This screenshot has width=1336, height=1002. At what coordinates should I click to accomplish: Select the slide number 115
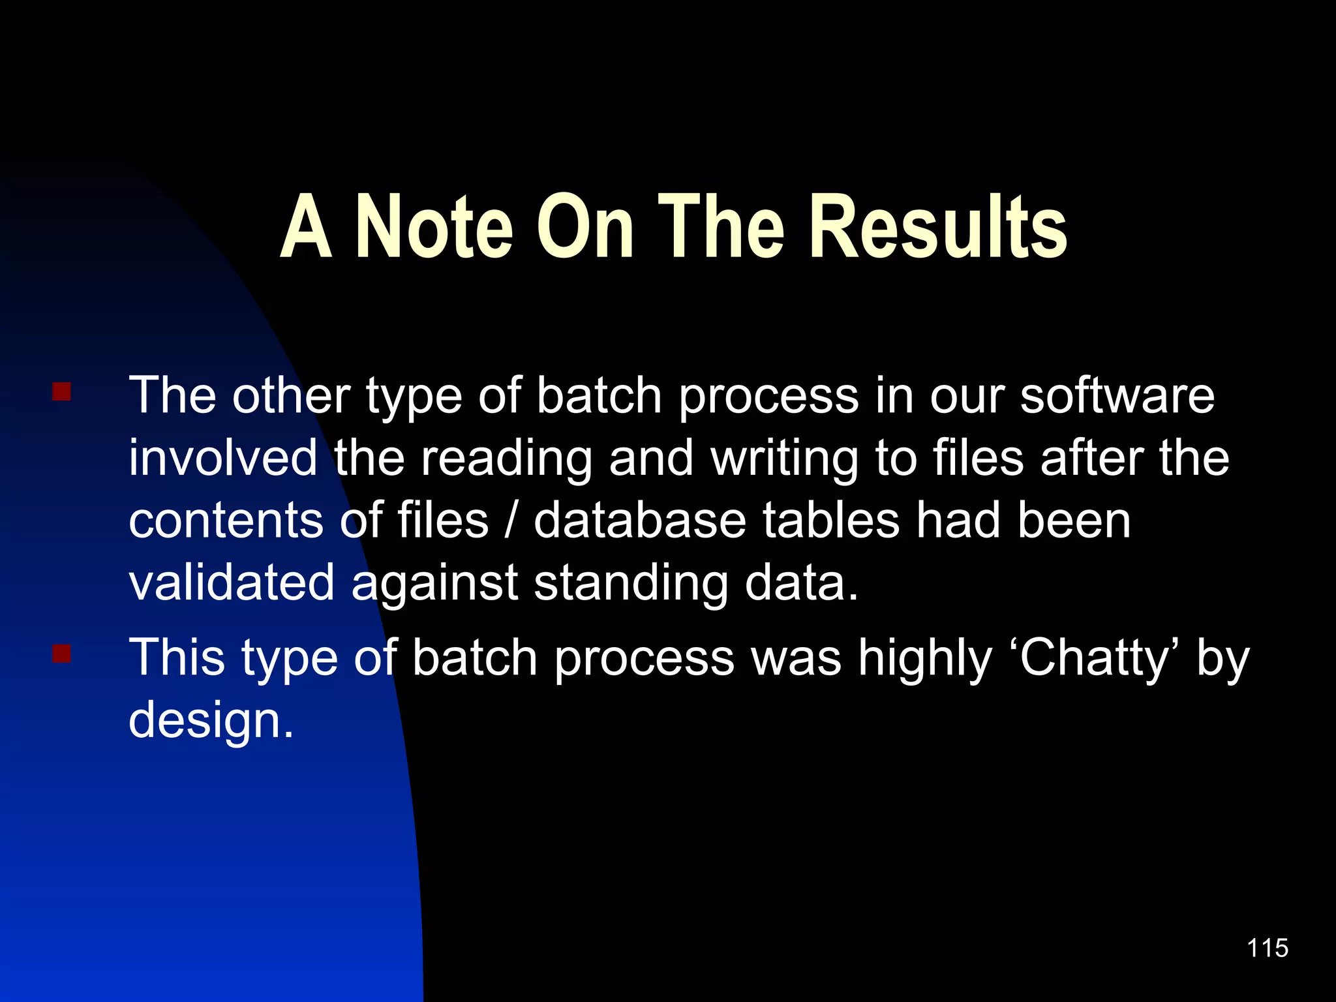pyautogui.click(x=1267, y=948)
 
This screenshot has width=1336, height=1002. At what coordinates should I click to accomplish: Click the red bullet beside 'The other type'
pyautogui.click(x=61, y=392)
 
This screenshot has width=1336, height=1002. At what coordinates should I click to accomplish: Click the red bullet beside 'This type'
pyautogui.click(x=61, y=653)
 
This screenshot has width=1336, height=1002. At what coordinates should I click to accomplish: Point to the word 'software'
pyautogui.click(x=1117, y=396)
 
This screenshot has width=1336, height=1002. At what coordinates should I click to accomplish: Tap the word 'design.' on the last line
pyautogui.click(x=211, y=720)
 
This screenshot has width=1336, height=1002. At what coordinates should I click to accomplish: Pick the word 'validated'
pyautogui.click(x=232, y=583)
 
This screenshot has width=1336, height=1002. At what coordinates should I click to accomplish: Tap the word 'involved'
pyautogui.click(x=223, y=458)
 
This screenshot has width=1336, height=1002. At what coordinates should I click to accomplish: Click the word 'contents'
pyautogui.click(x=226, y=521)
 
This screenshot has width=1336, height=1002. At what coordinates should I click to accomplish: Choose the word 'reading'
pyautogui.click(x=507, y=459)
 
